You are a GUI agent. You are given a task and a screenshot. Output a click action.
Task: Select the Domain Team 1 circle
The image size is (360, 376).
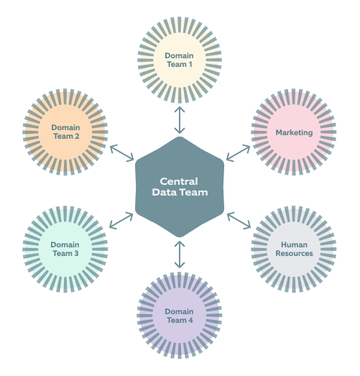tap(179, 60)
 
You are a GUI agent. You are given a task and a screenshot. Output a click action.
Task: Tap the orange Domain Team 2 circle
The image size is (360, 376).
tap(65, 132)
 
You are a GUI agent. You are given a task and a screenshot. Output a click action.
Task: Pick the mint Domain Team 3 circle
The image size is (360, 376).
tap(65, 249)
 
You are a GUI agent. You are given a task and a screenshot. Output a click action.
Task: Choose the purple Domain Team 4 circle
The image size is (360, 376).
tap(179, 315)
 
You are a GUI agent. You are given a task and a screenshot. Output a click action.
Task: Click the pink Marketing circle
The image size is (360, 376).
tap(294, 132)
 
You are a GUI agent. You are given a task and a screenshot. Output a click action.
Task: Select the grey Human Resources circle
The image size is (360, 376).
tap(294, 249)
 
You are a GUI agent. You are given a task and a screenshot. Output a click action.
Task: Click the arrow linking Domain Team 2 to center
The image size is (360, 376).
tap(122, 152)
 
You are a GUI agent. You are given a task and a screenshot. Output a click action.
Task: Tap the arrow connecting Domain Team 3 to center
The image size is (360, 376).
tap(121, 220)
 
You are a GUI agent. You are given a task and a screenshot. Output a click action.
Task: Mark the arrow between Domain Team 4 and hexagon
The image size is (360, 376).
tap(179, 255)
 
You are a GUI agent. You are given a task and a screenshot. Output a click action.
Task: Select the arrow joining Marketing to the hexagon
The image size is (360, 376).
tap(238, 152)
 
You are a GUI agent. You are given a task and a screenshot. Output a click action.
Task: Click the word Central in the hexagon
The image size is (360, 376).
tap(180, 181)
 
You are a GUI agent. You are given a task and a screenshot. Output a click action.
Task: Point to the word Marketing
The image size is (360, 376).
tap(294, 132)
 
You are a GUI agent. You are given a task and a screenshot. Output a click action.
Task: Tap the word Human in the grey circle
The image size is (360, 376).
tap(294, 244)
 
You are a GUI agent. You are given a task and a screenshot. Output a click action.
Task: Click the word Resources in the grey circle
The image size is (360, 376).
tap(294, 253)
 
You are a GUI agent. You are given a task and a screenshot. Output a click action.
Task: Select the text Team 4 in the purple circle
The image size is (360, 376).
tap(179, 320)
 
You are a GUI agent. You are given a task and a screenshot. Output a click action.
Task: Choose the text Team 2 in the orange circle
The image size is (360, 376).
tap(65, 136)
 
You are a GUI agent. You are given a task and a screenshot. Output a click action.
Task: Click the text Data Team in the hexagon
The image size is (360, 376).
tap(180, 192)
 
